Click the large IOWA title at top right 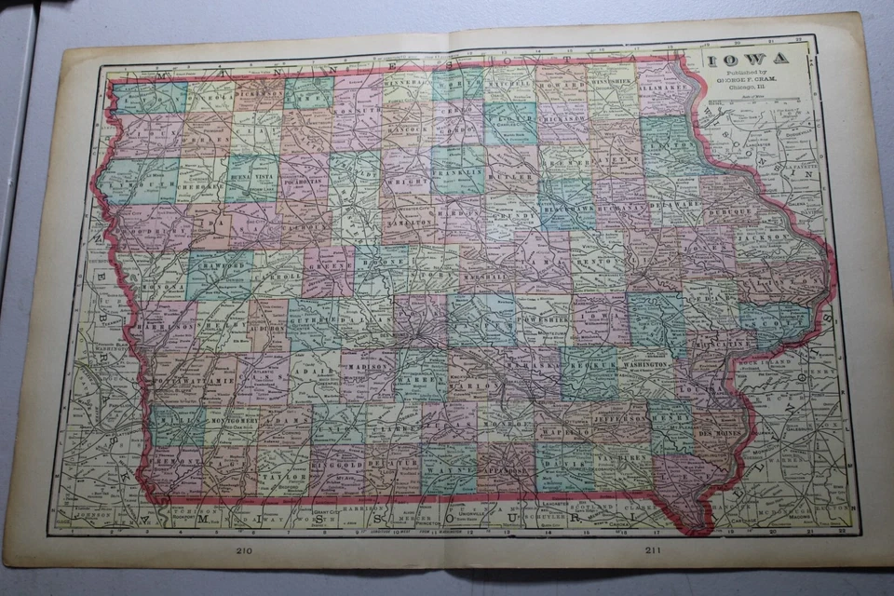tap(745, 59)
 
